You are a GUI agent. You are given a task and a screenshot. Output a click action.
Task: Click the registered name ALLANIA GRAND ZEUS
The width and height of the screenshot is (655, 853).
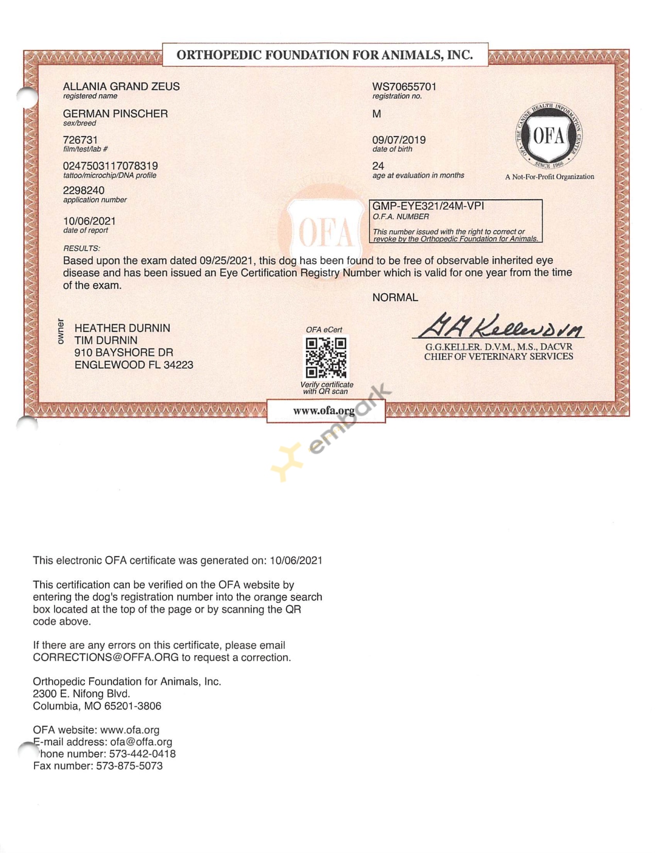click(121, 87)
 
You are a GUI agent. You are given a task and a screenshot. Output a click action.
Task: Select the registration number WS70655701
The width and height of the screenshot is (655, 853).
click(404, 87)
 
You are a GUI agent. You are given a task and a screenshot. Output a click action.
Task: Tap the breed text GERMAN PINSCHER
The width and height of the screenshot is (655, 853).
click(115, 114)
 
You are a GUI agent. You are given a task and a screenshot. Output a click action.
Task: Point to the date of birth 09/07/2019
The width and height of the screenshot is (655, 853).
click(399, 140)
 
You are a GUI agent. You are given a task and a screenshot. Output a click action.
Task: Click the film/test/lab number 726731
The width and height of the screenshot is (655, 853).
click(80, 140)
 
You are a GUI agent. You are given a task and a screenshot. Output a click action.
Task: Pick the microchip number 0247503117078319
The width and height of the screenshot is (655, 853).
click(110, 166)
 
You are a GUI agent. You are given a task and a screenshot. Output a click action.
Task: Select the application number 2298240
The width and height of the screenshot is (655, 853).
click(83, 191)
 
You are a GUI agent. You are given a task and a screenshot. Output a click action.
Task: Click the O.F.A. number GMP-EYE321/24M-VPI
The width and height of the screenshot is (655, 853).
click(428, 206)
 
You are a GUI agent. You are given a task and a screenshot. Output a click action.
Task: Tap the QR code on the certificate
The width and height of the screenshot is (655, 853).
click(325, 357)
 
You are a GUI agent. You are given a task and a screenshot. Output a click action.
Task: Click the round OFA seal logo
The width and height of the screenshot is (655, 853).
click(549, 137)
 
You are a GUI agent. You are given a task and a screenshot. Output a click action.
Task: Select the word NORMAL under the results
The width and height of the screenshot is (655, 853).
click(395, 298)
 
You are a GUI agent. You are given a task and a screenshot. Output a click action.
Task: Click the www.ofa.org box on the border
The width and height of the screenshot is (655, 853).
click(325, 411)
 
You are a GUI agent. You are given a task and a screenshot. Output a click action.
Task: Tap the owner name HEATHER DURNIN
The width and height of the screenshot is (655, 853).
click(122, 328)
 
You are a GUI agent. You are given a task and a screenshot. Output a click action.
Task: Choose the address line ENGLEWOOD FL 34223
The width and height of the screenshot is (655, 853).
click(134, 365)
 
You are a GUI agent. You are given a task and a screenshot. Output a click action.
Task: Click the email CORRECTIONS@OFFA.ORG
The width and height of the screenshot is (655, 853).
click(106, 658)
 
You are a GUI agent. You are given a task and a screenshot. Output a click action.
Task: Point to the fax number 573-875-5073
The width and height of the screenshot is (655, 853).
click(129, 766)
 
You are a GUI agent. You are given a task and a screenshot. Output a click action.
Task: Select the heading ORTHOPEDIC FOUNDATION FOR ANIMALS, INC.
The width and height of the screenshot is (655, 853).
click(324, 55)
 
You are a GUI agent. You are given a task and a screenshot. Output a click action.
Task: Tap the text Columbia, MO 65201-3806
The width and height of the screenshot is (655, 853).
click(97, 706)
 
